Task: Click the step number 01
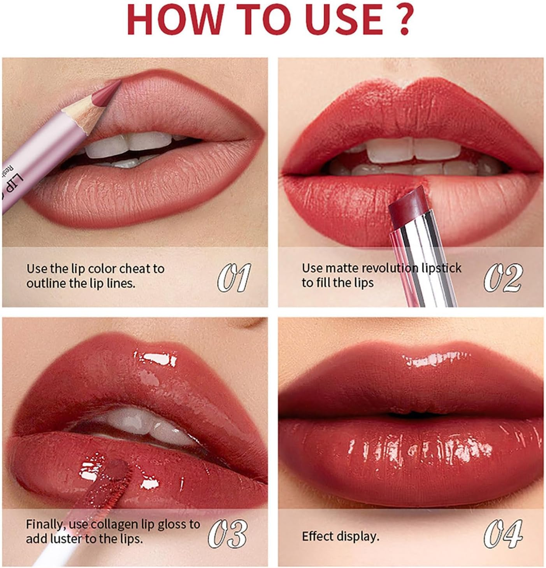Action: [233, 277]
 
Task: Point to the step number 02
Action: [503, 277]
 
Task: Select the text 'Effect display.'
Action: [341, 536]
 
